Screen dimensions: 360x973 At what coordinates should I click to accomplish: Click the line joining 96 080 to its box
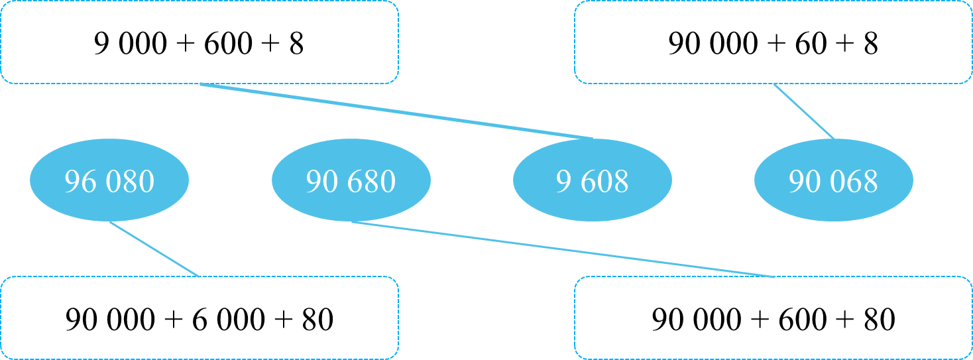click(154, 249)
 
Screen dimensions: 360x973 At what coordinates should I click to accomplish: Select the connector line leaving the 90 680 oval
click(563, 250)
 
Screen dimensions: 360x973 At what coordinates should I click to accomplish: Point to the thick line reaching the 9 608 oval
click(396, 111)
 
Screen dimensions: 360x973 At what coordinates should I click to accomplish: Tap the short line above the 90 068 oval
click(804, 111)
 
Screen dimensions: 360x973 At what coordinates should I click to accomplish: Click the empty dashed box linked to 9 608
click(199, 42)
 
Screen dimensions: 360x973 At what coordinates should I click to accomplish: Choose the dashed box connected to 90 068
click(773, 42)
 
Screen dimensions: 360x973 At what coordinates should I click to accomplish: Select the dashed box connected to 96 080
click(199, 318)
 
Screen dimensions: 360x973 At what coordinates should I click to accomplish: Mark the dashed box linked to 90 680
click(773, 318)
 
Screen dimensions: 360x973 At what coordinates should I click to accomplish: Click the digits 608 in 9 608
click(602, 182)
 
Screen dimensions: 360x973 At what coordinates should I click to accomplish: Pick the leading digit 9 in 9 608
click(563, 182)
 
